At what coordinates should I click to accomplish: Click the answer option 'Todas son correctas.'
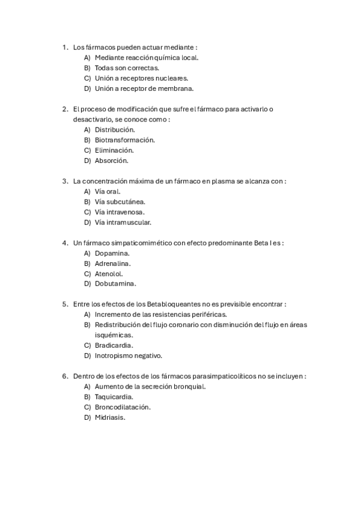(x=122, y=68)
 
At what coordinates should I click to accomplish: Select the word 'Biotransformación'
(x=124, y=140)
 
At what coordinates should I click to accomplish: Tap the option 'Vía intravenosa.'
(x=120, y=212)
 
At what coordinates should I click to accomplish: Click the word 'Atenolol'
(x=108, y=273)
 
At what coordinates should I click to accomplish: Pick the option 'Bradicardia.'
(x=114, y=345)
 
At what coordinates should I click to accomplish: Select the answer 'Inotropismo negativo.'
(x=129, y=355)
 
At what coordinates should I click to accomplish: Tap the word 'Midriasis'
(x=109, y=417)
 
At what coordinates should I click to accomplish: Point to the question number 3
(x=65, y=181)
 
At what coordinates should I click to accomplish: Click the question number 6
(x=65, y=376)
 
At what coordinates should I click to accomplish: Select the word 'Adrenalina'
(x=112, y=263)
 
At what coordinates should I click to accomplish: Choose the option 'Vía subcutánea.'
(x=120, y=201)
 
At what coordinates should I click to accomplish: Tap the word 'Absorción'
(x=111, y=161)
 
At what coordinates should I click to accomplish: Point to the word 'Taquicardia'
(x=114, y=397)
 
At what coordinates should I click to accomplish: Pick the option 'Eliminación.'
(x=114, y=150)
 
